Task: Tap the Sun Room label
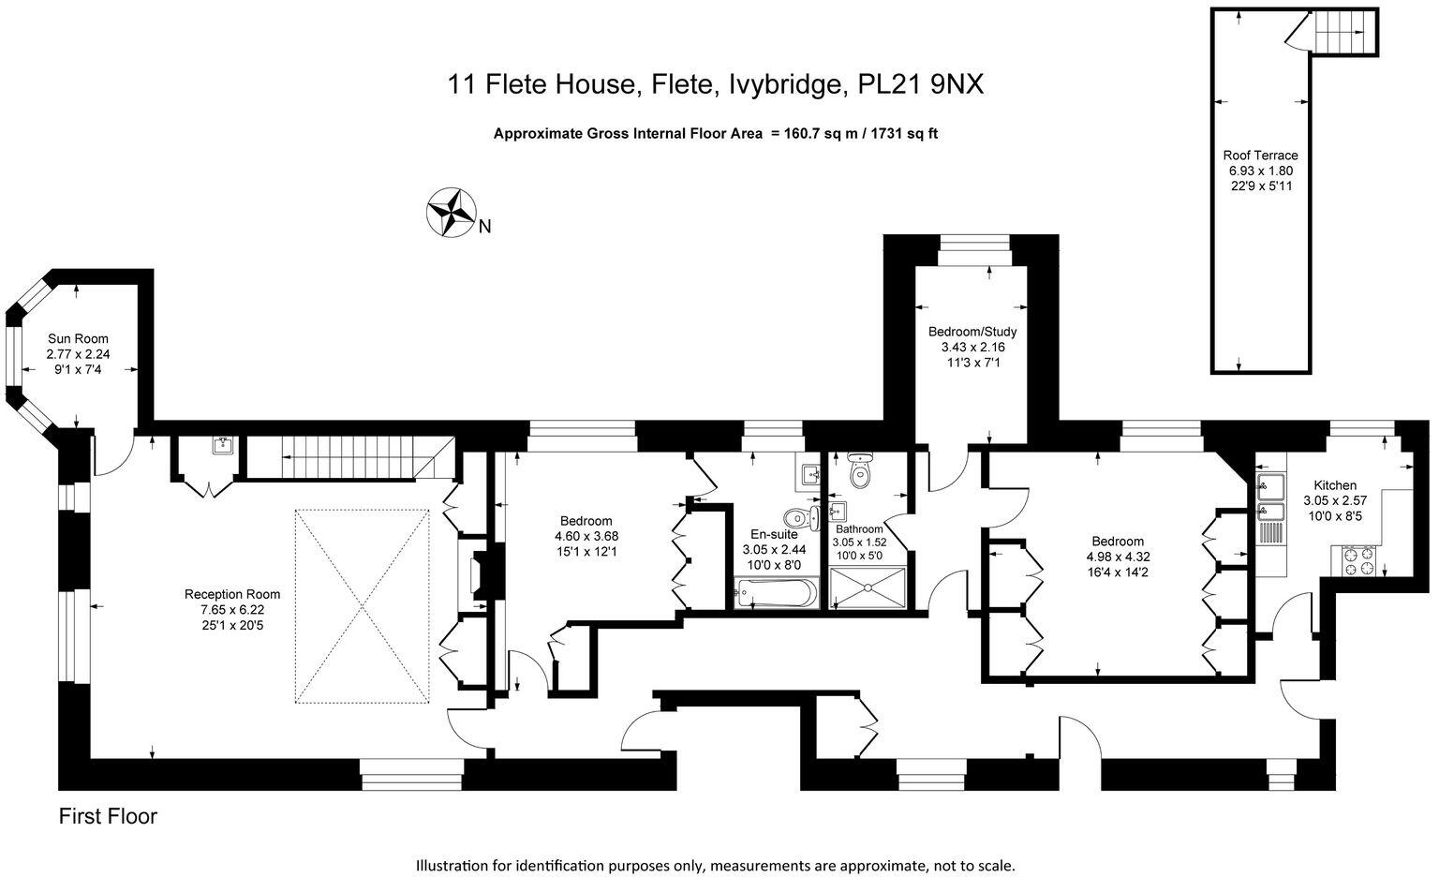point(78,339)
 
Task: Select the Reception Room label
point(232,594)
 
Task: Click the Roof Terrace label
point(1260,156)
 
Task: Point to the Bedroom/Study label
point(972,332)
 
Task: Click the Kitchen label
point(1334,485)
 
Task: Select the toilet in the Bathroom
point(859,473)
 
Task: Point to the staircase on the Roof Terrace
point(1342,34)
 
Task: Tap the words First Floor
point(108,817)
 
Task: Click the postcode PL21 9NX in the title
point(921,85)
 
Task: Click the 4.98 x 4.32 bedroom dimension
point(1117,556)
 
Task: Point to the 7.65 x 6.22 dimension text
point(232,609)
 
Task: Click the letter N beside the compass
point(484,226)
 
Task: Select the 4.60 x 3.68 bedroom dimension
point(586,536)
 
